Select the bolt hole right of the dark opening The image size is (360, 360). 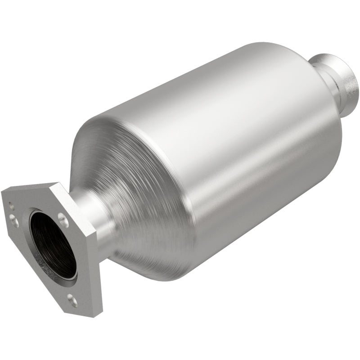[63, 220]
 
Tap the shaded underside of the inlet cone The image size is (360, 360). [135, 252]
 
